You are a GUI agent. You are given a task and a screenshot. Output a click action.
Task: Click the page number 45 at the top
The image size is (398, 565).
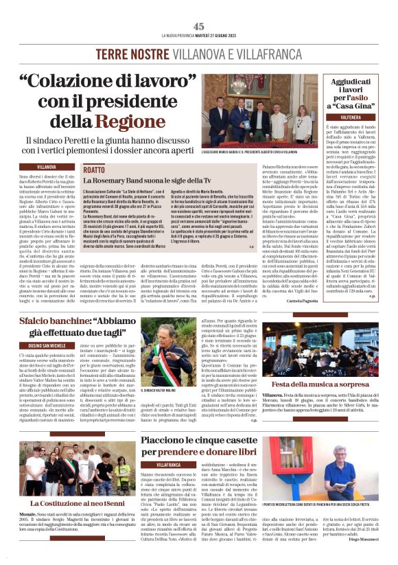point(199,26)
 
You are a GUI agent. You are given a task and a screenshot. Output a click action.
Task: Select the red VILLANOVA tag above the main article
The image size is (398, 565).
point(47,167)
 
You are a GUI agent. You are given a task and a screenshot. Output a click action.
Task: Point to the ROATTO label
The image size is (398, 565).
point(93,170)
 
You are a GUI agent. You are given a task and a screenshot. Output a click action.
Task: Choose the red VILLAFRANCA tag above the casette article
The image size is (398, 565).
point(168,465)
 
